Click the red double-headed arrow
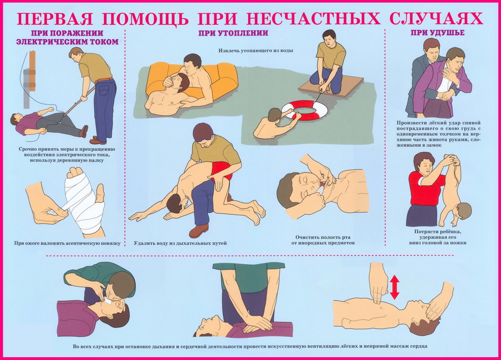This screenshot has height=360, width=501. [395, 288]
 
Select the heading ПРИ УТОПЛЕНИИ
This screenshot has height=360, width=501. [233, 33]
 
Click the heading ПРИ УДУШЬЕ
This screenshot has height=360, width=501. [438, 33]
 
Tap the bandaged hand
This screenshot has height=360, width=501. [83, 200]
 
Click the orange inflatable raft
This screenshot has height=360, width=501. [191, 80]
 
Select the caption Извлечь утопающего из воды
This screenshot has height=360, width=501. [256, 51]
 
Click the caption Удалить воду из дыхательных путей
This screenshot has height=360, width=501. [180, 243]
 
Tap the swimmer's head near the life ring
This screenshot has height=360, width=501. [275, 115]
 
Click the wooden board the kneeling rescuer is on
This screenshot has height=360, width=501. [331, 86]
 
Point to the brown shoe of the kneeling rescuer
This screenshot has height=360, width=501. [198, 231]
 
